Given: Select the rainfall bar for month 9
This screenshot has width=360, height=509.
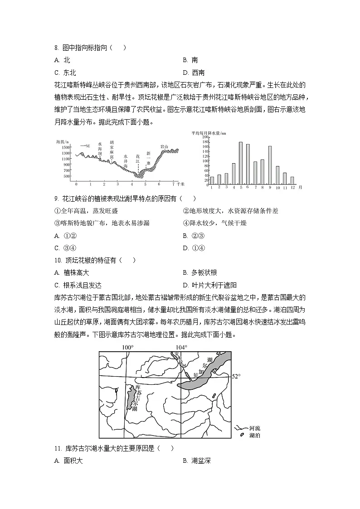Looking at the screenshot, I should click(270, 165).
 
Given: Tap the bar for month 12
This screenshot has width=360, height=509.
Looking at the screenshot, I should click(292, 180).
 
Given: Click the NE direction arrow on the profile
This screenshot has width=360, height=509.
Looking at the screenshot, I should click(83, 145).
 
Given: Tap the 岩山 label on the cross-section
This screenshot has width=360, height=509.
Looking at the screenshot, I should click(164, 146).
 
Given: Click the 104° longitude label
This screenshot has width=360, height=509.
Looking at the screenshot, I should click(181, 348).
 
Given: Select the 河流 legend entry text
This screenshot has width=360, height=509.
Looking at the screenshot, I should click(255, 428).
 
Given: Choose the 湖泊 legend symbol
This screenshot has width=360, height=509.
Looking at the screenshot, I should click(241, 435).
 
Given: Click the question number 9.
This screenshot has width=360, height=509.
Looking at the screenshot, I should click(56, 199).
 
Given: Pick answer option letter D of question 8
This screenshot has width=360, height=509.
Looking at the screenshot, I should click(185, 72).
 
